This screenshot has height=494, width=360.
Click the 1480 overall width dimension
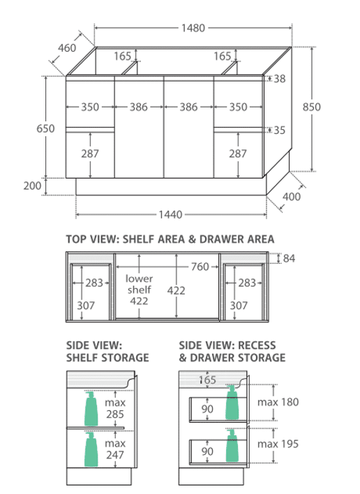point(193,28)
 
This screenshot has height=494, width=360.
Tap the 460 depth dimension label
point(67,48)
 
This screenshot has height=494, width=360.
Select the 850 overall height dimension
point(311,107)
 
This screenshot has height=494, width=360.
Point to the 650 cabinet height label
point(45,128)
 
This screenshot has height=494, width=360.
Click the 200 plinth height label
point(32,186)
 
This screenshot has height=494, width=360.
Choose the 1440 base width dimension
point(170,214)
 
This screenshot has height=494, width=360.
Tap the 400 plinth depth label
point(292,197)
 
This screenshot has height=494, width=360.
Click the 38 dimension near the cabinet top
point(279,78)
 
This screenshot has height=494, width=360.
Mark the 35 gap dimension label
point(279,130)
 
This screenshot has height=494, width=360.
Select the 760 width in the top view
point(200,267)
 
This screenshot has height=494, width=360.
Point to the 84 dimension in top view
point(289,258)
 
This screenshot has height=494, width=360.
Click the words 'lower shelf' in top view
point(140,284)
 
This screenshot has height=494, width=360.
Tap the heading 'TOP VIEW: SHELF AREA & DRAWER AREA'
point(170,239)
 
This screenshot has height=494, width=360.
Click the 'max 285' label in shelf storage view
point(115,408)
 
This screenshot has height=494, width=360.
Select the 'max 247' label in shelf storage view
point(115,449)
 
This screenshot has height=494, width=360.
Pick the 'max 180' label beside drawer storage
point(278,402)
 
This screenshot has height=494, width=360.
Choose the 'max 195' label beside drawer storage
point(278,444)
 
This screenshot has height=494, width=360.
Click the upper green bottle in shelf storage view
point(91,409)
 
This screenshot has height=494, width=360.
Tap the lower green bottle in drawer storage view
point(232,446)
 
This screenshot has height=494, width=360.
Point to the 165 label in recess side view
point(208,380)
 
